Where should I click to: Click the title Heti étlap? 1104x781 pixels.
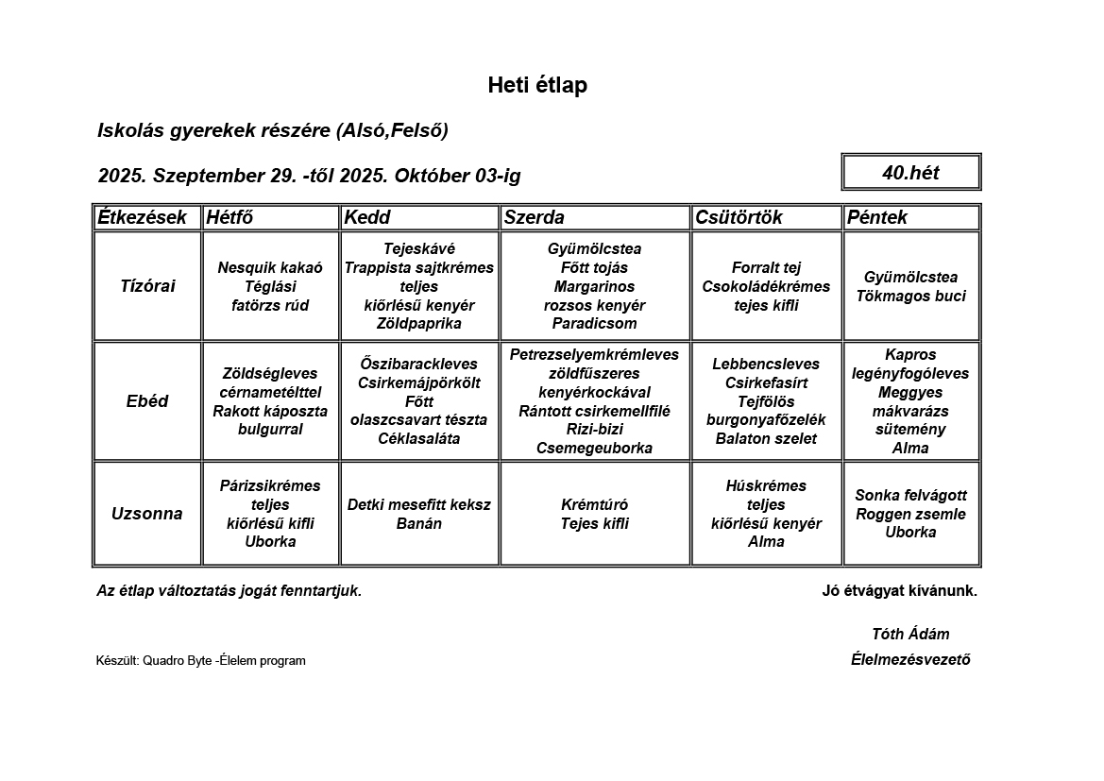click(x=537, y=86)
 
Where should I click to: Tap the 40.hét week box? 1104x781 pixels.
click(x=910, y=173)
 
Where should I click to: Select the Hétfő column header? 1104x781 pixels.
click(x=229, y=217)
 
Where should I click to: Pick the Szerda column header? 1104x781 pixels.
click(x=534, y=217)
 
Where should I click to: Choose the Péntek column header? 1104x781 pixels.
click(x=877, y=217)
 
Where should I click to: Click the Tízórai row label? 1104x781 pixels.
click(x=147, y=286)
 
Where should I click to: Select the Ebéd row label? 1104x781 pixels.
click(x=147, y=401)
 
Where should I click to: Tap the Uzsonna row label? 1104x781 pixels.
click(x=147, y=514)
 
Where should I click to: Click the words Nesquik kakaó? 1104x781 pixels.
click(x=270, y=268)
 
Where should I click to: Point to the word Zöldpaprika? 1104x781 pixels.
click(x=418, y=324)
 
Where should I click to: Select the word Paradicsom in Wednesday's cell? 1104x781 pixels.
click(x=594, y=324)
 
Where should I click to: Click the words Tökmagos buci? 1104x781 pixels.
click(x=911, y=296)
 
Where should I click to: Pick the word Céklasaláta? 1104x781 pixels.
click(x=418, y=439)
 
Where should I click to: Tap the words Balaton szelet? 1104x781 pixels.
click(x=766, y=439)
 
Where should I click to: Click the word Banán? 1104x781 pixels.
click(x=418, y=523)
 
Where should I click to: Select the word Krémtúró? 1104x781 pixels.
click(x=594, y=505)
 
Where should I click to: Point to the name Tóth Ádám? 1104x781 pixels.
click(x=910, y=635)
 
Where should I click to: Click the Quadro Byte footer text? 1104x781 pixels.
click(x=201, y=661)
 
